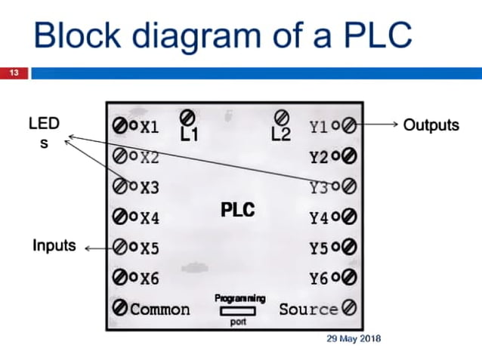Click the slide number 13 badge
click(x=14, y=73)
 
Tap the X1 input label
click(x=150, y=126)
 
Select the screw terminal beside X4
click(x=120, y=218)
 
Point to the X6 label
click(x=150, y=278)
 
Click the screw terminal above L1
click(x=188, y=117)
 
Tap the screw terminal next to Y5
click(x=349, y=248)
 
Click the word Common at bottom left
click(x=160, y=309)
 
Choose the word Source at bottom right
click(x=308, y=309)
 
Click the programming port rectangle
click(x=237, y=310)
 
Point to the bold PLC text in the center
click(x=238, y=209)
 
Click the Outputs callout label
click(x=431, y=125)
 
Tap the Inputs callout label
click(x=54, y=245)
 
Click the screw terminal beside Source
click(x=348, y=308)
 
